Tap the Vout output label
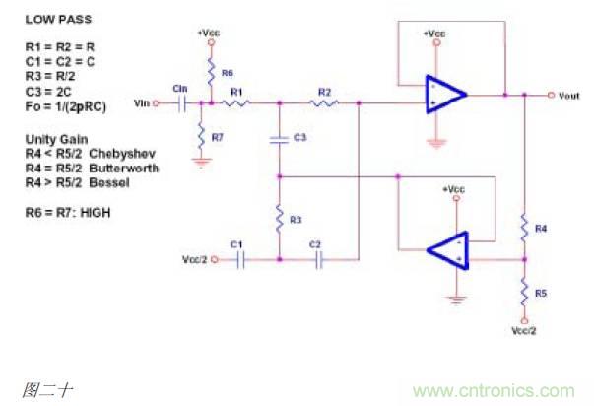(x=570, y=95)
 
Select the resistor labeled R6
(x=213, y=71)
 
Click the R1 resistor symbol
(x=237, y=102)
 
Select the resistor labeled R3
(x=280, y=214)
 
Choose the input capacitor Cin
(x=181, y=102)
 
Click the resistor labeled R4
(x=525, y=227)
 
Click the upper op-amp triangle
(x=443, y=96)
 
